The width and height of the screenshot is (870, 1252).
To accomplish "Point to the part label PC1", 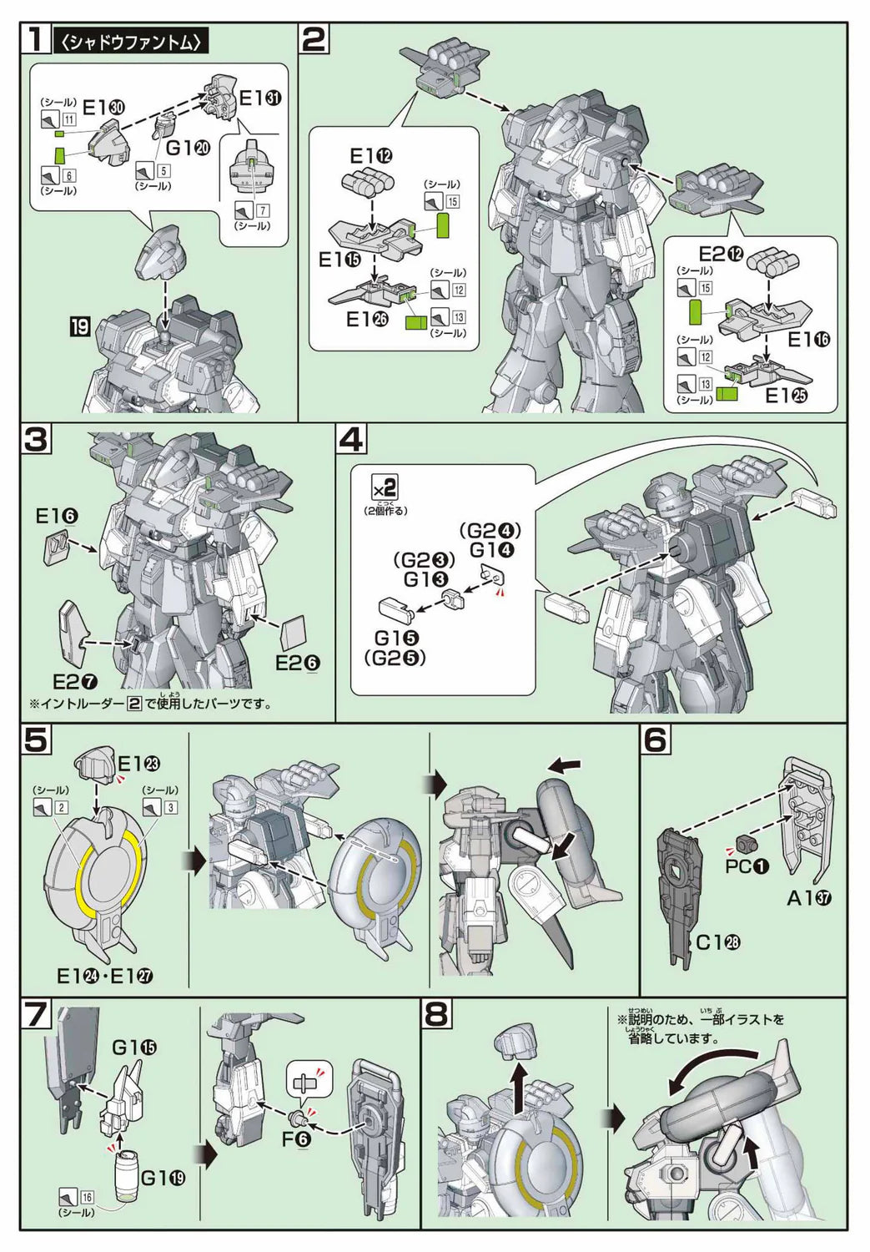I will coord(747,866).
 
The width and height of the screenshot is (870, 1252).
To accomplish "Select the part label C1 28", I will coord(719,942).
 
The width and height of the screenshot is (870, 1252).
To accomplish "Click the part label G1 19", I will coord(162,1178).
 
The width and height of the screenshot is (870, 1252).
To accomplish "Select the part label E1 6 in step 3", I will coord(58,517).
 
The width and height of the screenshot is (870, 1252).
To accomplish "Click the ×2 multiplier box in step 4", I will coord(385,487).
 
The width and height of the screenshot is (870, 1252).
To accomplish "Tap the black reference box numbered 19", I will coord(79,327).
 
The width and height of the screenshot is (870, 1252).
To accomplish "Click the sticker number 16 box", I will coord(87,1197).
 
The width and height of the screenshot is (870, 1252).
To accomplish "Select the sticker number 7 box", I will coord(263,210).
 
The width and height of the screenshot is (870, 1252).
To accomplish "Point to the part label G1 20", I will coord(188,148).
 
